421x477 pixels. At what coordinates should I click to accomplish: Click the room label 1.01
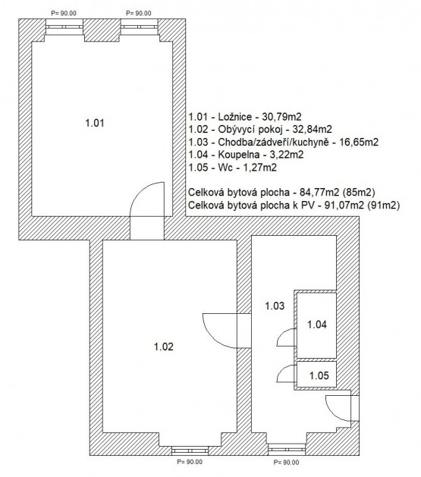coord(95,123)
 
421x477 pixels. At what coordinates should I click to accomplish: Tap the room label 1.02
coord(164,347)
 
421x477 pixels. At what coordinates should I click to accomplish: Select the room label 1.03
coord(275,306)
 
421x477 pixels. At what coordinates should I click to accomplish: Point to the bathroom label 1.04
coord(317,325)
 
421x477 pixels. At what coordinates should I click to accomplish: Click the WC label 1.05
coord(319,375)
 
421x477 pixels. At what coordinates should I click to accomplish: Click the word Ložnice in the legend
coord(235,117)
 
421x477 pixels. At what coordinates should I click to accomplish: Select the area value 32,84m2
coord(312,130)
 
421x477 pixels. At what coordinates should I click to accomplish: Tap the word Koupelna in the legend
coord(239,155)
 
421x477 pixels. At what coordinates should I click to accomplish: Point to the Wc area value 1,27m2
coord(259,168)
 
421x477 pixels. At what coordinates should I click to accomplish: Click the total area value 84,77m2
coord(319,193)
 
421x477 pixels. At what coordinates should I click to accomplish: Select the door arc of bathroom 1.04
coord(282,334)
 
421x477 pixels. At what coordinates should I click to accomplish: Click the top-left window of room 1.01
coord(64,27)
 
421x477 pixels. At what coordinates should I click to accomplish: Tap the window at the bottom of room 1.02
coord(190,450)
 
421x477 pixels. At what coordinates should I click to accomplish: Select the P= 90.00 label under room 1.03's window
coord(286,463)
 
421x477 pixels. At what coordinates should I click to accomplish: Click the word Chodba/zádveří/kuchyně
coord(274,142)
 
